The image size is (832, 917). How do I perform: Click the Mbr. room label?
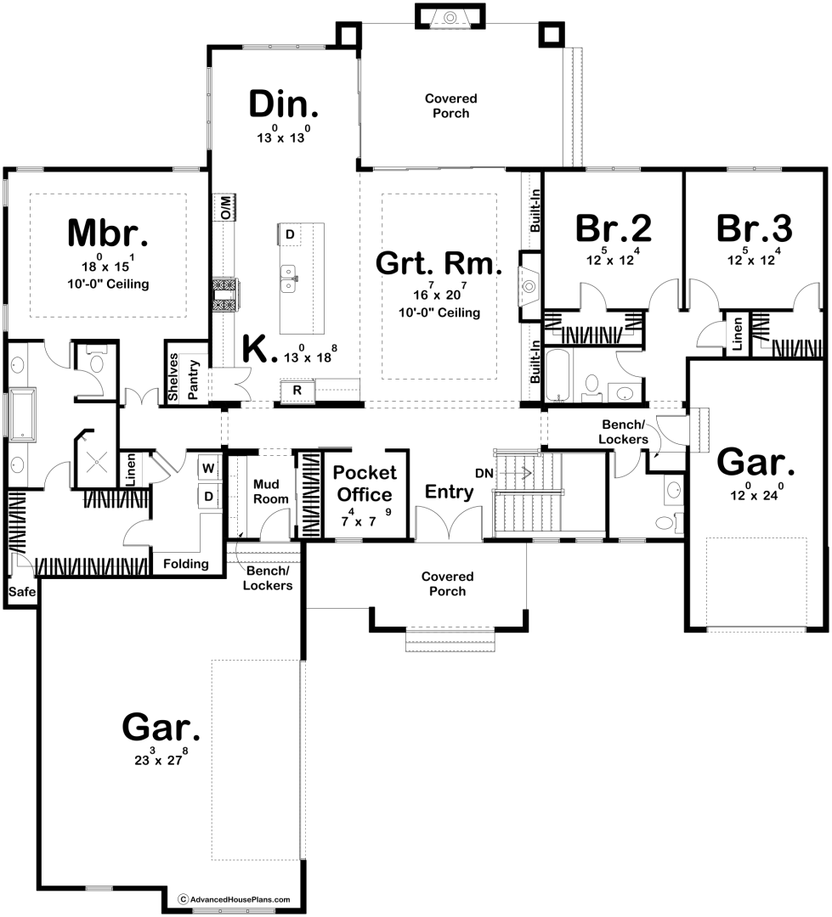(108, 233)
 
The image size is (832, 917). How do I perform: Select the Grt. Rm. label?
(439, 263)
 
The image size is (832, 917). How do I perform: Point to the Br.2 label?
(613, 228)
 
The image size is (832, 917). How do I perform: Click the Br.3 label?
(754, 228)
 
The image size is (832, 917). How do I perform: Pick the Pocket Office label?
(365, 484)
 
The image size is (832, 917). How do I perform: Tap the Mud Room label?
(270, 492)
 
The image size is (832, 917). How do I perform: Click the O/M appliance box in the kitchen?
(228, 207)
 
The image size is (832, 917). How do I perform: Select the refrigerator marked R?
(297, 391)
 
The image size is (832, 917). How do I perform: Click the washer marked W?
(208, 468)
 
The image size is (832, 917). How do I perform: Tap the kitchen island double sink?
(289, 278)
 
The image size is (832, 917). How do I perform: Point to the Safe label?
(21, 592)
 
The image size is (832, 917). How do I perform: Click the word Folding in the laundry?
(185, 564)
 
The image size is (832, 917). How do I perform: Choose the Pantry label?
(194, 380)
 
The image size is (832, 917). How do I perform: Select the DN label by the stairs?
(484, 473)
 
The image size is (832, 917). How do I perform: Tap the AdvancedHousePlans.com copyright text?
(235, 899)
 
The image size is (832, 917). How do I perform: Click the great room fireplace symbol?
(529, 286)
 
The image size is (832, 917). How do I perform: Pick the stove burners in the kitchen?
(224, 296)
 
